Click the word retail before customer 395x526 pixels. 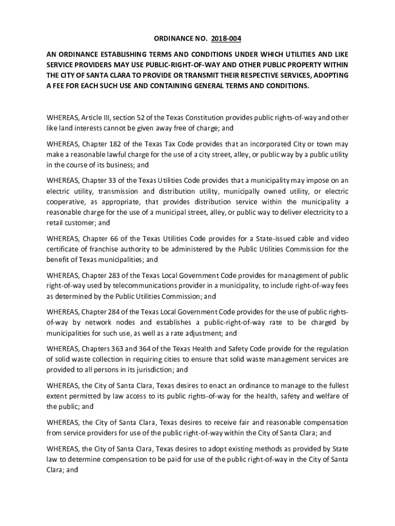pyautogui.click(x=55, y=223)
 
